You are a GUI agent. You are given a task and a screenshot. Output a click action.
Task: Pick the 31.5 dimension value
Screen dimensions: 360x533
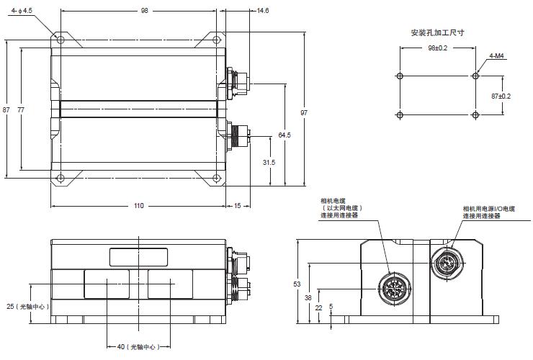tap(269, 163)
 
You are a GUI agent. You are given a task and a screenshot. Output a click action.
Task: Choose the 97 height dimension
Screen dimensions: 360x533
tap(304, 113)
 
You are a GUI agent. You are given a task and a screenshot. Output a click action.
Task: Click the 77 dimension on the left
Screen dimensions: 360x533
tap(21, 109)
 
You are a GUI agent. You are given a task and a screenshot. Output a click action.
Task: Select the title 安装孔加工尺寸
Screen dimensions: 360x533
tap(437, 32)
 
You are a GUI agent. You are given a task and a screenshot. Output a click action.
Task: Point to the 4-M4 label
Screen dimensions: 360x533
tap(496, 55)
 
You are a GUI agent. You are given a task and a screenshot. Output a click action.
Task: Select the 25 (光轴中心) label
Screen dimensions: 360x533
tap(27, 306)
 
